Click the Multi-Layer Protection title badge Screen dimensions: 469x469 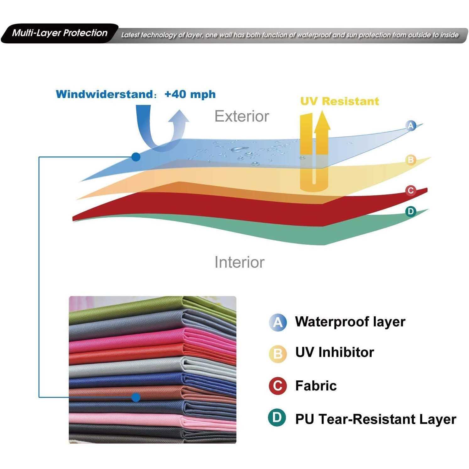pos(60,33)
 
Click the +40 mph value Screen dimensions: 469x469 pos(190,94)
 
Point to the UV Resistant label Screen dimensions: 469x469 pos(340,101)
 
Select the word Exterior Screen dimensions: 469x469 pos(242,116)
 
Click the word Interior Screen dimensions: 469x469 pos(239,262)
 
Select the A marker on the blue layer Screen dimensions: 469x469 pos(411,126)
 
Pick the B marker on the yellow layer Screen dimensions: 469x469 pos(411,160)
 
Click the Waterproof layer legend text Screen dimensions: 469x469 pos(350,322)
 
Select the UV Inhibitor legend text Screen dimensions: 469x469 pos(335,352)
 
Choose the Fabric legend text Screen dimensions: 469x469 pos(316,385)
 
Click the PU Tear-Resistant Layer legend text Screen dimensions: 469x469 pos(375,419)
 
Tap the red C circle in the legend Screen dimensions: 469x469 pos(278,385)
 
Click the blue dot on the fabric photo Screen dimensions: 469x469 pos(136,397)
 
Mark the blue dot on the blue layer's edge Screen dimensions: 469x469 pos(136,157)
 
